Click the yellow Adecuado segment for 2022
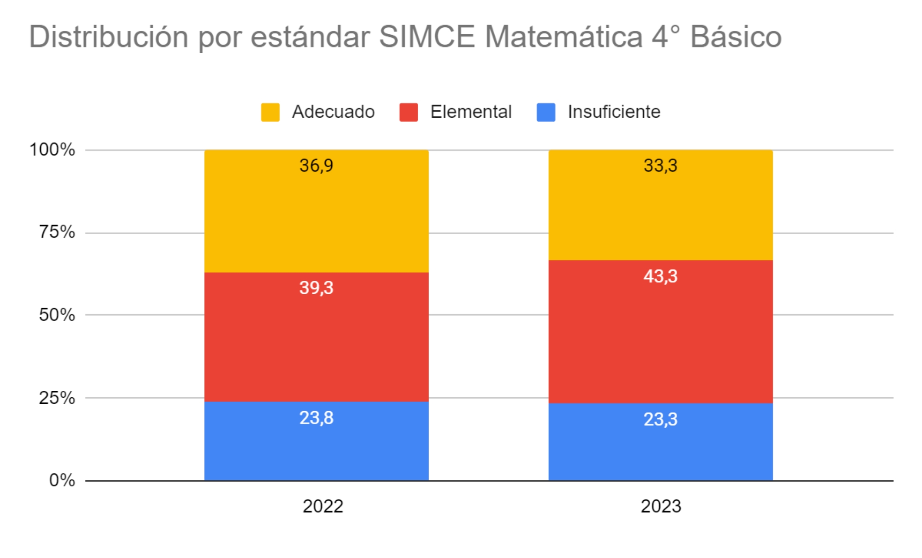pyautogui.click(x=316, y=217)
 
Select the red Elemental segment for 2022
pyautogui.click(x=316, y=342)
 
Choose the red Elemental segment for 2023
pyautogui.click(x=660, y=337)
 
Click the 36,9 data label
pyautogui.click(x=316, y=165)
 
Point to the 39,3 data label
pyautogui.click(x=316, y=288)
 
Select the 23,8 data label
pyautogui.click(x=316, y=418)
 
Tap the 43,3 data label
pyautogui.click(x=660, y=276)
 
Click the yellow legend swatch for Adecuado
pyautogui.click(x=270, y=112)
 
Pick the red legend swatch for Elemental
pyautogui.click(x=408, y=112)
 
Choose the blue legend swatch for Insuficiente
pyautogui.click(x=546, y=112)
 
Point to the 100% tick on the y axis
pyautogui.click(x=52, y=150)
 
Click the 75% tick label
pyautogui.click(x=56, y=232)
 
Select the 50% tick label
pyautogui.click(x=56, y=315)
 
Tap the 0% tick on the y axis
pyautogui.click(x=62, y=480)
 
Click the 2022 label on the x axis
pyautogui.click(x=323, y=506)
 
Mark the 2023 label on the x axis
pyautogui.click(x=661, y=506)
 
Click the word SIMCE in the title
pyautogui.click(x=426, y=37)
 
